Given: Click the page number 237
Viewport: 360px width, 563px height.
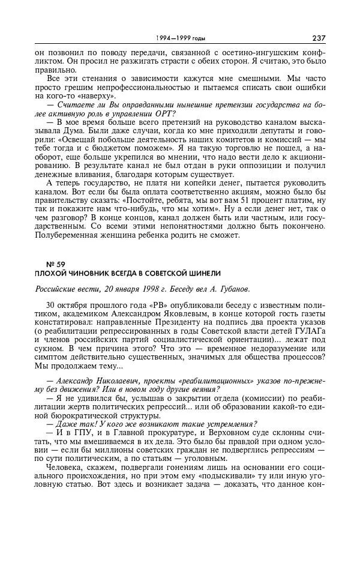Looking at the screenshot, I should pos(319,38).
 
